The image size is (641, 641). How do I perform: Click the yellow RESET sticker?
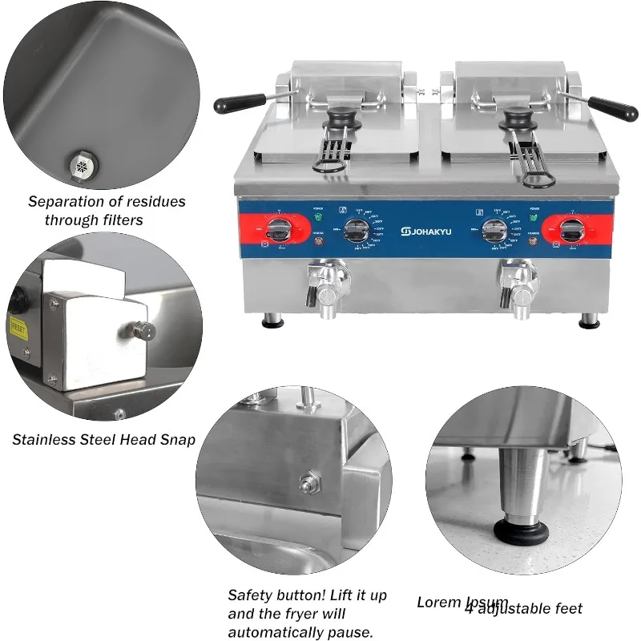[x=18, y=326]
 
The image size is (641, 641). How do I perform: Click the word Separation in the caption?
[x=67, y=202]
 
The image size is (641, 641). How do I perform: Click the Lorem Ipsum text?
[x=462, y=602]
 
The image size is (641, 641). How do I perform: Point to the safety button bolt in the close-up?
[x=307, y=482]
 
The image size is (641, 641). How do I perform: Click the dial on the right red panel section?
[x=570, y=231]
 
